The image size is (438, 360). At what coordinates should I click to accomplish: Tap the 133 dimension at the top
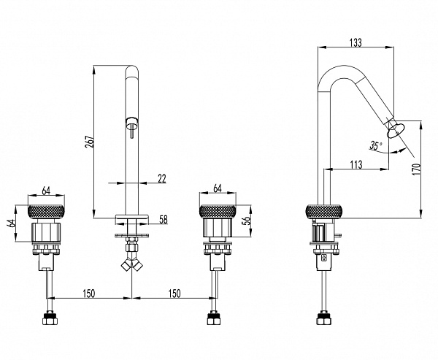356,43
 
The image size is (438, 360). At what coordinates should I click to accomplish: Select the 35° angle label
376,145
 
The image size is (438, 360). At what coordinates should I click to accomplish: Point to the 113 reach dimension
356,164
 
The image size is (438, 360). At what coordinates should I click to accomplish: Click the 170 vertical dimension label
416,169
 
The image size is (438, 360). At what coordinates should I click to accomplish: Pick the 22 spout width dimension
162,179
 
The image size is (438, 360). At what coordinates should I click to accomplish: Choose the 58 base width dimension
163,220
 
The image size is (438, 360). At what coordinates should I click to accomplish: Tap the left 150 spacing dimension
89,294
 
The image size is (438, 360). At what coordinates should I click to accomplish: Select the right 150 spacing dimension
174,294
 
